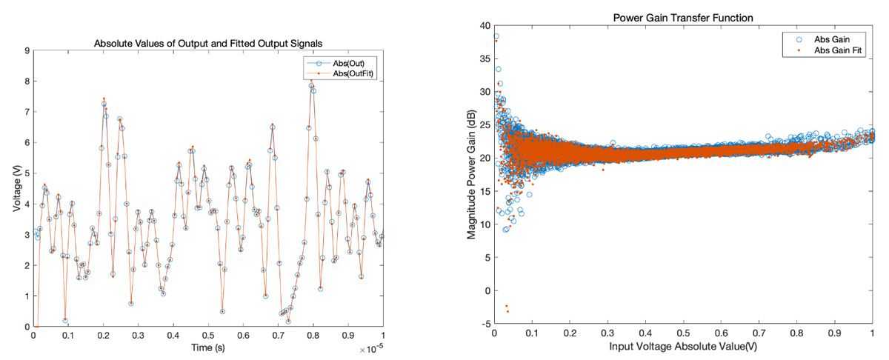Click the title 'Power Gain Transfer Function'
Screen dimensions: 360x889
684,16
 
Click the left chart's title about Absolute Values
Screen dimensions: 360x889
208,44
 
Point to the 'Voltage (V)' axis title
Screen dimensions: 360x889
16,189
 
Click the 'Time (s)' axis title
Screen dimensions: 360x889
208,347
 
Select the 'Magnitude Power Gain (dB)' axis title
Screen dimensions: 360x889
472,176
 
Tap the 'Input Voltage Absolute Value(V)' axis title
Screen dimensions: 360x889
684,347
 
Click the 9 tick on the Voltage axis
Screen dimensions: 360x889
27,51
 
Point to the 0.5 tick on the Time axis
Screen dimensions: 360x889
208,336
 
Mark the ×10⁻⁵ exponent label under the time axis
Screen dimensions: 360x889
372,347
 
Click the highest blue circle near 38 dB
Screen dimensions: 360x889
496,36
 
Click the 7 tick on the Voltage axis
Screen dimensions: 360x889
27,112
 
